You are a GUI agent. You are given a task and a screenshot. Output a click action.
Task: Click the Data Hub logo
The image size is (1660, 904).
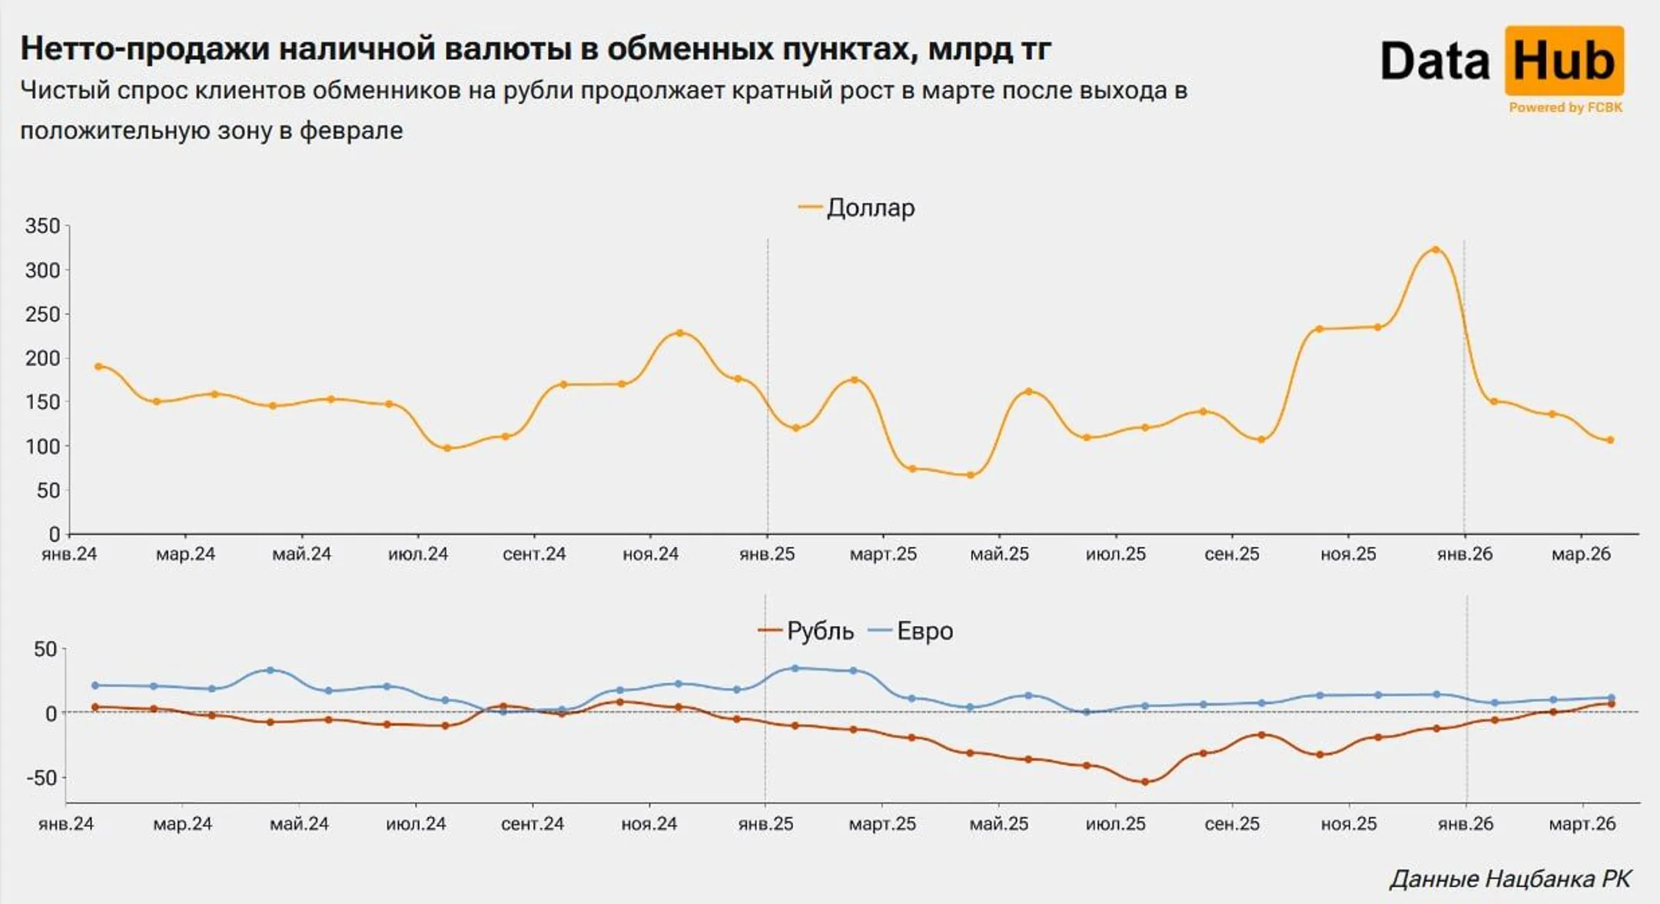(1502, 61)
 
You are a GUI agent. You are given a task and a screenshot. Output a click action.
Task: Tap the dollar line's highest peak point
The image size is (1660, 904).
(1435, 250)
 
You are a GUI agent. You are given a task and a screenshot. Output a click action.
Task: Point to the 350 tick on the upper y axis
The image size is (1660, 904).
(42, 226)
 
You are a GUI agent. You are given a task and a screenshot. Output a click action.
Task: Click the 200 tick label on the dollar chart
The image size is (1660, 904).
(42, 358)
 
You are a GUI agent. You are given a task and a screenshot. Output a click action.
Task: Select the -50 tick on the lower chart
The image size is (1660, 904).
(42, 777)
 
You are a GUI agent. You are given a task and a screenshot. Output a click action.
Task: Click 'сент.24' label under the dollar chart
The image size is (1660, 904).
(534, 554)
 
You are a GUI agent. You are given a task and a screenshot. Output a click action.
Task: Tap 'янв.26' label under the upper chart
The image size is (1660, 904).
(1465, 554)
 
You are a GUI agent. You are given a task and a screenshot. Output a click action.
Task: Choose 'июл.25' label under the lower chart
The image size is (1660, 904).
(1115, 824)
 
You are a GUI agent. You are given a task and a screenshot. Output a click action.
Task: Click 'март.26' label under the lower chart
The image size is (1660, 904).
(1582, 824)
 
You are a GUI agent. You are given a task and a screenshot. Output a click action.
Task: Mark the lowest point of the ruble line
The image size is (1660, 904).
(1145, 783)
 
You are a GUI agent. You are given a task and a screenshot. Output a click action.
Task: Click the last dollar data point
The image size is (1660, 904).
(1610, 440)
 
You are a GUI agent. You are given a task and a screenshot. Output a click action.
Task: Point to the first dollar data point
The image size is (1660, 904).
(98, 367)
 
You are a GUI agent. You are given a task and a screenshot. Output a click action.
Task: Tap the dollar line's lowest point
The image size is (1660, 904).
(971, 475)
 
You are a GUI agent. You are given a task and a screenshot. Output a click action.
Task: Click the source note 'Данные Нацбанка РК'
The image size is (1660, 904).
(1510, 879)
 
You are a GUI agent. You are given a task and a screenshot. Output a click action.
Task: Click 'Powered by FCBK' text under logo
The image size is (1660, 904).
(1565, 108)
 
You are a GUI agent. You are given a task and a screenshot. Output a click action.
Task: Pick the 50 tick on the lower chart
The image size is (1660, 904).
(45, 650)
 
